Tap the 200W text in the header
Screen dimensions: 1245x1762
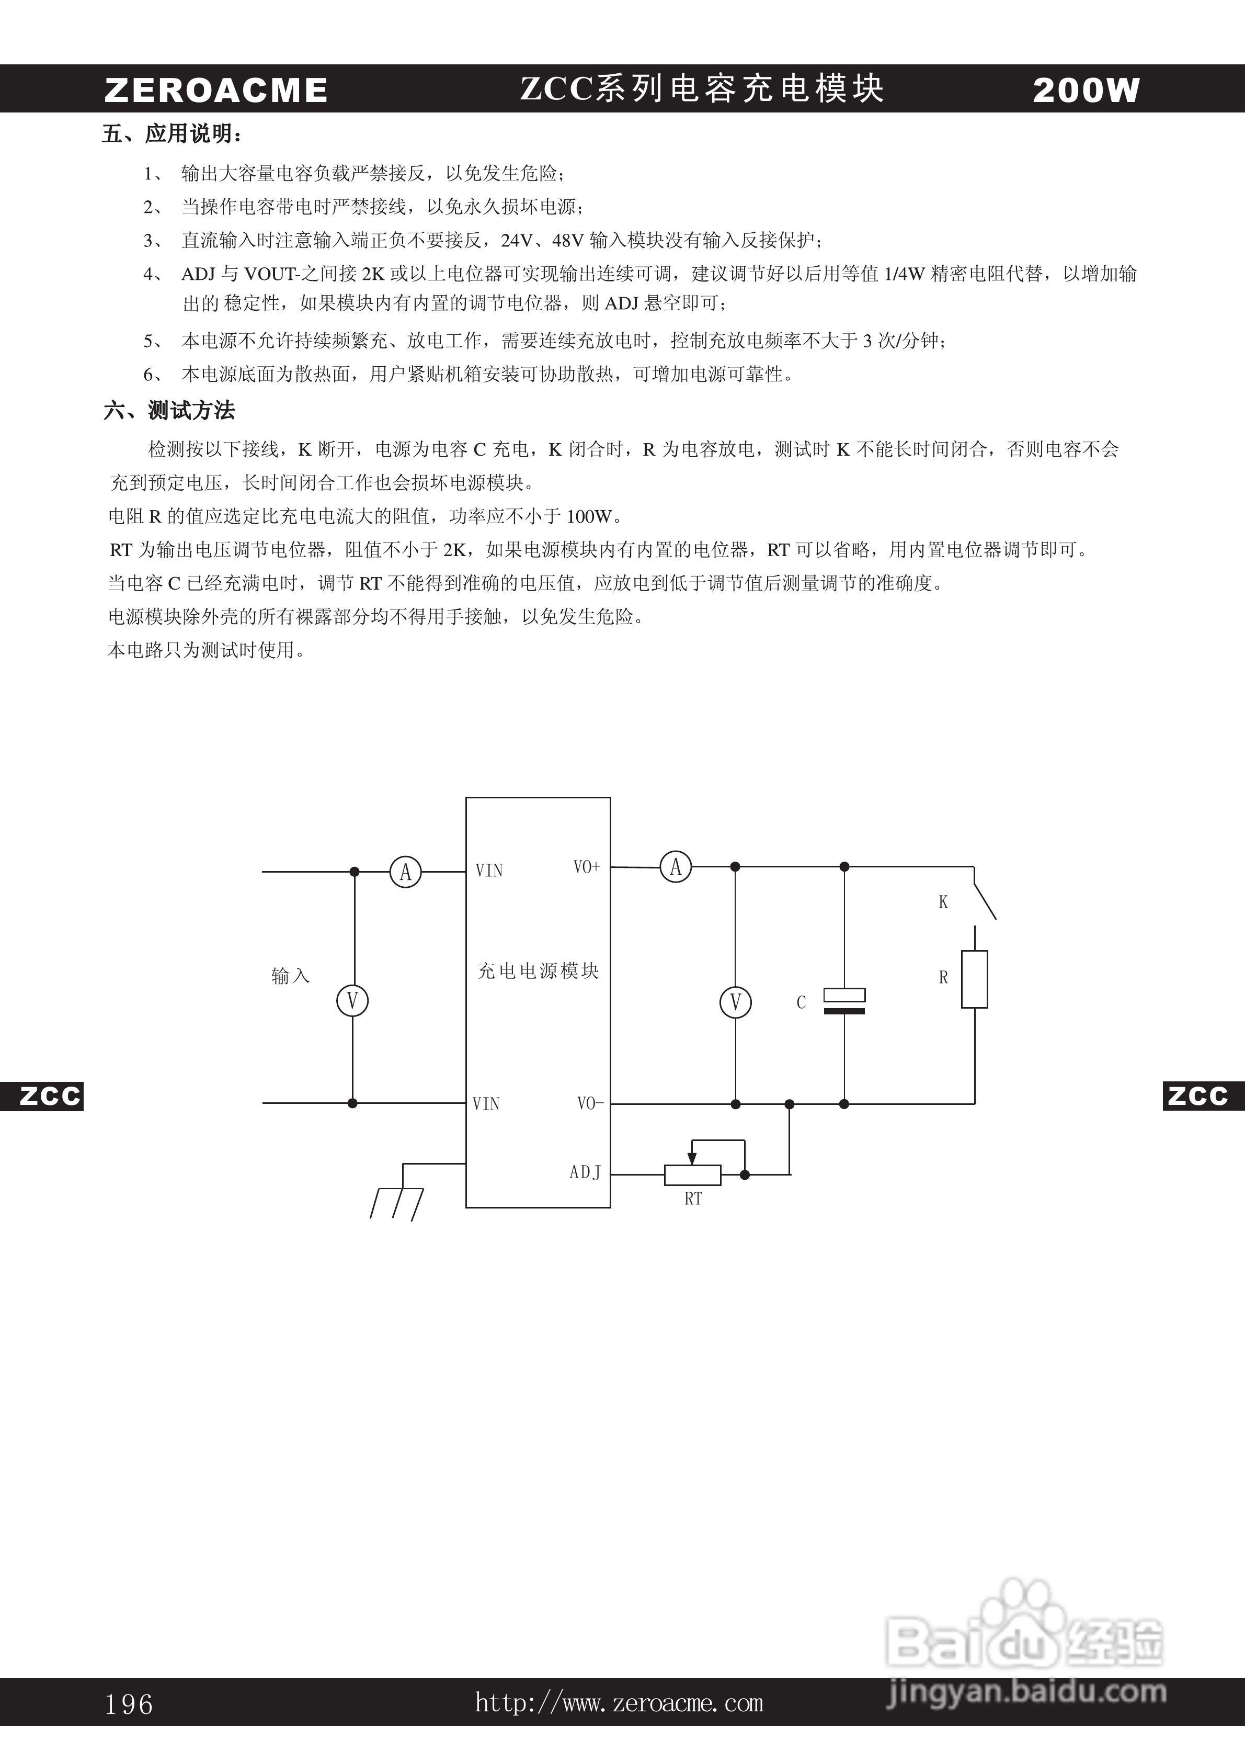point(1086,91)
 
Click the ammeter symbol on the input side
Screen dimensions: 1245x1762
point(406,872)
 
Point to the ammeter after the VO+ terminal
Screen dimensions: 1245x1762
point(676,867)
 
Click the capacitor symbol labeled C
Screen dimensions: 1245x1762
point(844,1001)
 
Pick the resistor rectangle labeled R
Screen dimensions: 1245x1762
point(974,979)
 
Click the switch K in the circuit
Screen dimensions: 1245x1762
point(984,894)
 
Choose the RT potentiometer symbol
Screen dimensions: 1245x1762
point(693,1174)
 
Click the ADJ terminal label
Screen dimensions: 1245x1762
point(585,1172)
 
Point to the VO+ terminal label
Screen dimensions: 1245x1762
point(587,867)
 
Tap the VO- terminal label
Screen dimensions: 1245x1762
point(590,1103)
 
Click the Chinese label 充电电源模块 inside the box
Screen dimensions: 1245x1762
point(538,971)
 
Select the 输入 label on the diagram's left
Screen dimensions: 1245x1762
point(290,975)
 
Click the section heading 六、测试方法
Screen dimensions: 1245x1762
point(169,411)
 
